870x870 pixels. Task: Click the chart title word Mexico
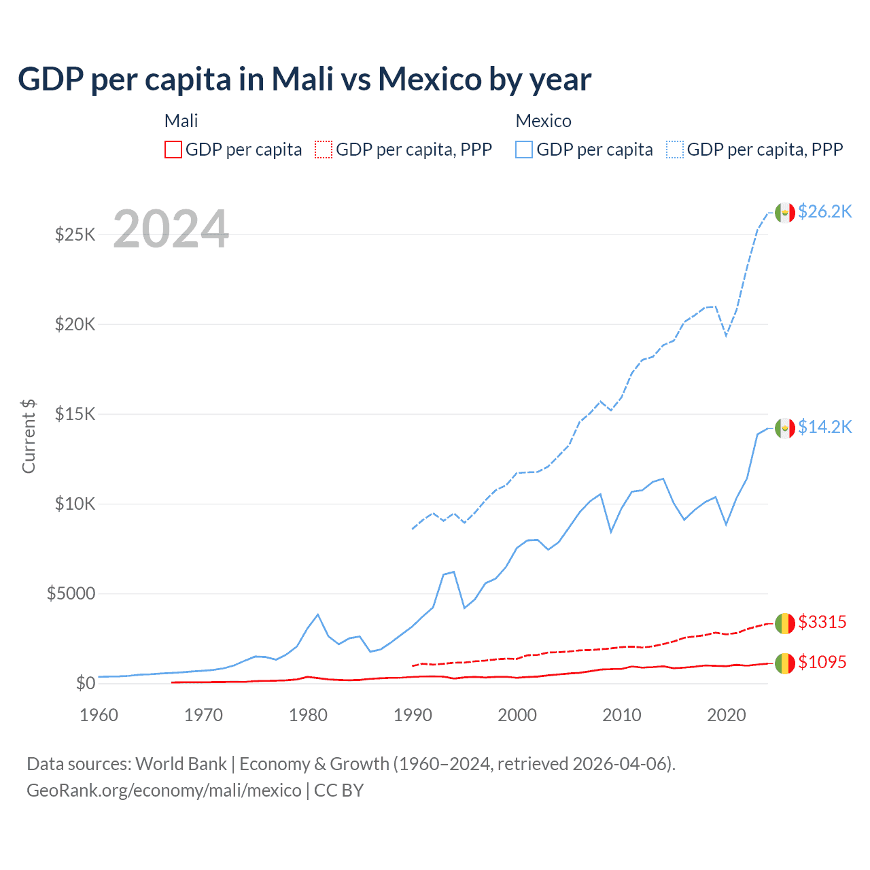[x=430, y=80]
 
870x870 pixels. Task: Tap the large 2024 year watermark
[x=171, y=230]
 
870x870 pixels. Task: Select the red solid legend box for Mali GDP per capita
[x=173, y=150]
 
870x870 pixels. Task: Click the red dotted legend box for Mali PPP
[x=324, y=150]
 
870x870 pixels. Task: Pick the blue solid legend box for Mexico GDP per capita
[x=524, y=150]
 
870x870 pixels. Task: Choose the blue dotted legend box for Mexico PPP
[x=675, y=150]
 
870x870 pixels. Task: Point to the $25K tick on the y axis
[x=75, y=235]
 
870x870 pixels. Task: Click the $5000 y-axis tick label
[x=71, y=594]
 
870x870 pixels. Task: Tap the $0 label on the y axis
[x=85, y=683]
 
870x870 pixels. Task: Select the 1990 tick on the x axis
[x=413, y=715]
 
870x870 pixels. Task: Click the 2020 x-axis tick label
[x=726, y=715]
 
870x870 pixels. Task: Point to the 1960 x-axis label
[x=99, y=715]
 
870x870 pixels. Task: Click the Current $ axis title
[x=29, y=436]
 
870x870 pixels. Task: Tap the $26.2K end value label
[x=824, y=212]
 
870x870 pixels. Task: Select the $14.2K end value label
[x=824, y=427]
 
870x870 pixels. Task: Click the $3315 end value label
[x=822, y=623]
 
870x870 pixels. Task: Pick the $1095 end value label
[x=822, y=663]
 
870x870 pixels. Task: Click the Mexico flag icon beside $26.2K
[x=785, y=213]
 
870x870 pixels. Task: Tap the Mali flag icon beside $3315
[x=785, y=623]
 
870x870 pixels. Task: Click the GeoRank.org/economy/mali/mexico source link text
[x=164, y=790]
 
